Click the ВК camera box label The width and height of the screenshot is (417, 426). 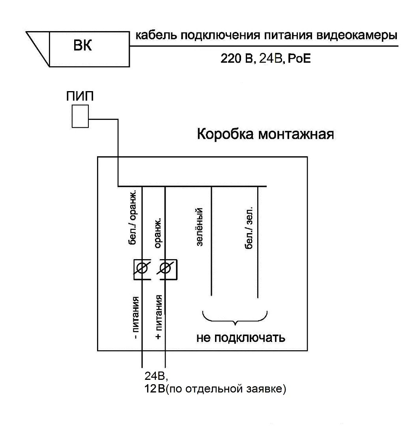[x=83, y=46]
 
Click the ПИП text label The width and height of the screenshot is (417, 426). [x=80, y=97]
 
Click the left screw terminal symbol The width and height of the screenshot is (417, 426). [x=142, y=269]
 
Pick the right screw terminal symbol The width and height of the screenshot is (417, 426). [x=167, y=269]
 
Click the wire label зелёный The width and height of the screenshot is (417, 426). [x=200, y=228]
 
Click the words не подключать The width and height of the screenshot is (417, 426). [x=241, y=338]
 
